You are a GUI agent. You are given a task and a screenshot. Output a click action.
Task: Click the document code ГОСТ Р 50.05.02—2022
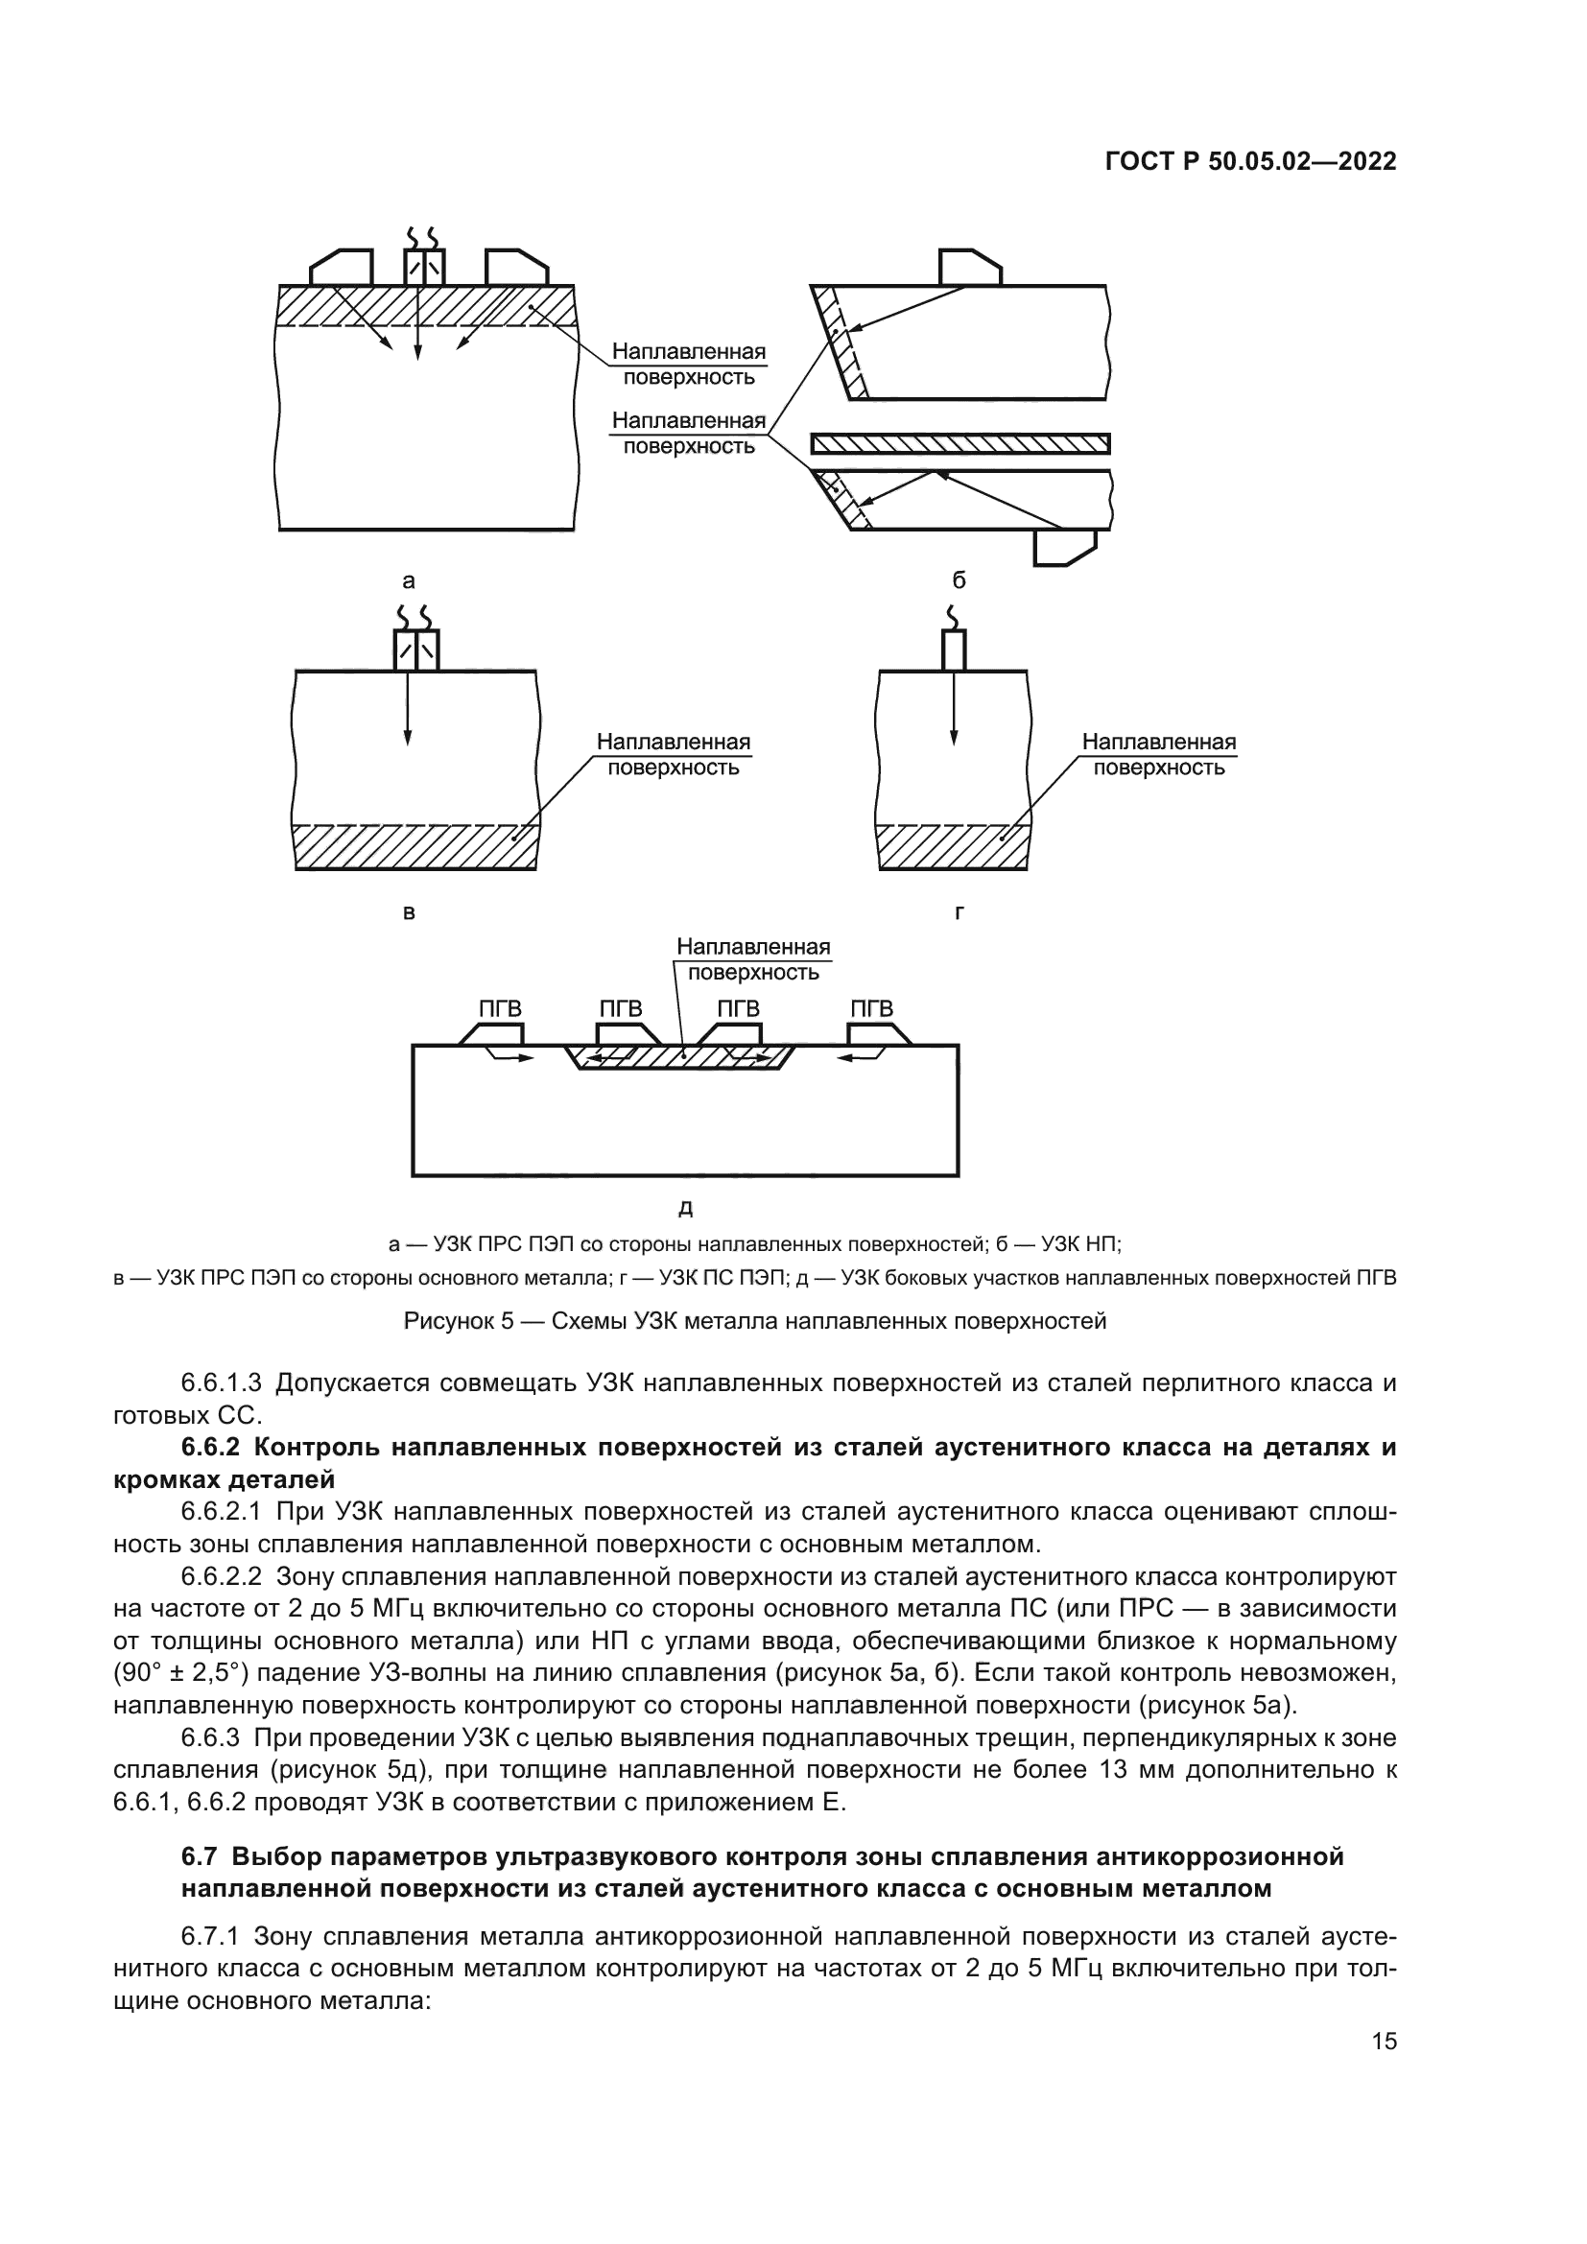[x=1251, y=161]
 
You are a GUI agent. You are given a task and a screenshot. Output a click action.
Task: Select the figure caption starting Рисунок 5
[x=755, y=1321]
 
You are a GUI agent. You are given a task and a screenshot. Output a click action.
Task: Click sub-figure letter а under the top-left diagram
[x=409, y=581]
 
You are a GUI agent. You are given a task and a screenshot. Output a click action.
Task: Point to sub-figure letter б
[x=959, y=580]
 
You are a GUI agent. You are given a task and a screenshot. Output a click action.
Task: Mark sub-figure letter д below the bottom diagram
[x=685, y=1209]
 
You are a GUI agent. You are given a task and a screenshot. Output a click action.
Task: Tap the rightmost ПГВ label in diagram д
[x=871, y=1008]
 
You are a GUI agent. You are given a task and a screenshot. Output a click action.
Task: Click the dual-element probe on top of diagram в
[x=416, y=650]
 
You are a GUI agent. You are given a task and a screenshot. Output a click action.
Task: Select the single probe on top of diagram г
[x=954, y=650]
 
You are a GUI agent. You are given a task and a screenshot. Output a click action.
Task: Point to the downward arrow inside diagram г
[x=954, y=708]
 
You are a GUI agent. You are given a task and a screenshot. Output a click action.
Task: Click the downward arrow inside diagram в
[x=408, y=708]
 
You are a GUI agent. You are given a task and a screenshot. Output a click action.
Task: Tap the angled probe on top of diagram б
[x=969, y=268]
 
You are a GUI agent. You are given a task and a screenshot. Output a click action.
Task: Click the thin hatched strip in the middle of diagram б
[x=960, y=444]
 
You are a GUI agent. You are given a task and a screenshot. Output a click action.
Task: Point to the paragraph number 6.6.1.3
[x=222, y=1383]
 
